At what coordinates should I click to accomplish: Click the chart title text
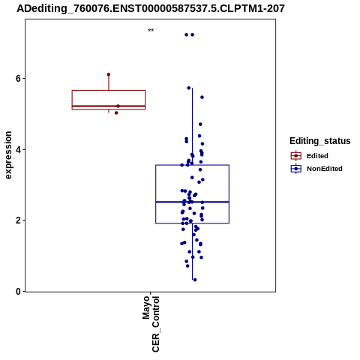[151, 9]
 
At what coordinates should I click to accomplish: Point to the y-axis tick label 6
[18, 79]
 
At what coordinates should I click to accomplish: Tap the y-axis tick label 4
[18, 150]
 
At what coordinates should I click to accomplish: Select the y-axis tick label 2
[18, 220]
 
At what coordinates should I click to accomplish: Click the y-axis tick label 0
[18, 292]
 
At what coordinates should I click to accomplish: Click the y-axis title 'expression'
[8, 155]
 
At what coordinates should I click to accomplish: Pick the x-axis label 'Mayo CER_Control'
[151, 324]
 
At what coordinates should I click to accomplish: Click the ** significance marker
[151, 31]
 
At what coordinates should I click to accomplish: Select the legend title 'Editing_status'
[320, 141]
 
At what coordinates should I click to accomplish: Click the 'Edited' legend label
[317, 156]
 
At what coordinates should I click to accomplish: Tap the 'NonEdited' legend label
[325, 169]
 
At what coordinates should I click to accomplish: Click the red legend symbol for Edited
[296, 156]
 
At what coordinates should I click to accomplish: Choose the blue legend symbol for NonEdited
[296, 169]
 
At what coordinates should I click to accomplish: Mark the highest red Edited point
[109, 74]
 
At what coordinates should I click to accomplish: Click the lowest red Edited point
[116, 113]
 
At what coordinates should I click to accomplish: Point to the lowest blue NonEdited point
[195, 280]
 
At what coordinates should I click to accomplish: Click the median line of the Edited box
[109, 106]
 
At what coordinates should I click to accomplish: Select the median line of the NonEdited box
[193, 202]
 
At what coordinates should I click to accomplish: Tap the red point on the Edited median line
[118, 106]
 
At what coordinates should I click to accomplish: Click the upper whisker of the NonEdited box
[192, 127]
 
